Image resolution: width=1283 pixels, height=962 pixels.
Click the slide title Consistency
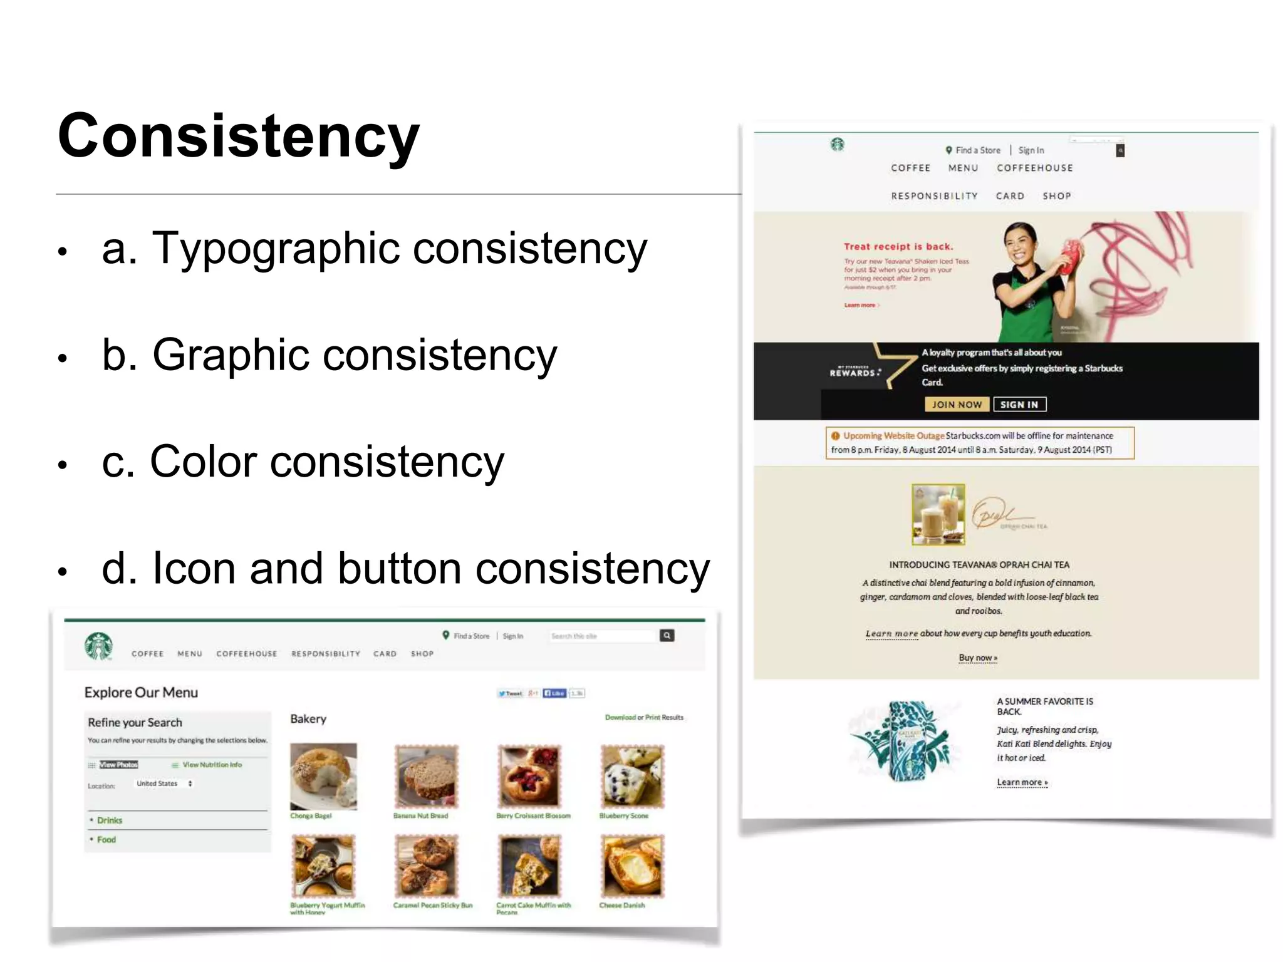238,137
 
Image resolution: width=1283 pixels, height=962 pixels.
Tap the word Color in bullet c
204,462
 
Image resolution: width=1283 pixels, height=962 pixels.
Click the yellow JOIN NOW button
957,405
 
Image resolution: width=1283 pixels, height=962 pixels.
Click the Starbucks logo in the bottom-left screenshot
99,646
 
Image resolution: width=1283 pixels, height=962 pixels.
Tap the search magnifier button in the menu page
667,636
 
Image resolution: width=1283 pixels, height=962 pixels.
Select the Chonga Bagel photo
323,777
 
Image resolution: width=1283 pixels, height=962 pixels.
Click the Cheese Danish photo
632,867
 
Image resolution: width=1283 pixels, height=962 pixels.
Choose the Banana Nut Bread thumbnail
427,777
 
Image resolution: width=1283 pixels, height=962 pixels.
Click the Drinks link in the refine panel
110,820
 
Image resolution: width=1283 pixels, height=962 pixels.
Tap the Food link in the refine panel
106,840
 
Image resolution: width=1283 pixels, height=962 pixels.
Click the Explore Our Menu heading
141,693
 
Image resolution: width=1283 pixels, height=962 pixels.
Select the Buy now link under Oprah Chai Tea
978,658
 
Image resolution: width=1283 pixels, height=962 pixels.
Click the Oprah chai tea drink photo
938,514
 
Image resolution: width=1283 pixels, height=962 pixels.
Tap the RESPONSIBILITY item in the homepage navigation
934,196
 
